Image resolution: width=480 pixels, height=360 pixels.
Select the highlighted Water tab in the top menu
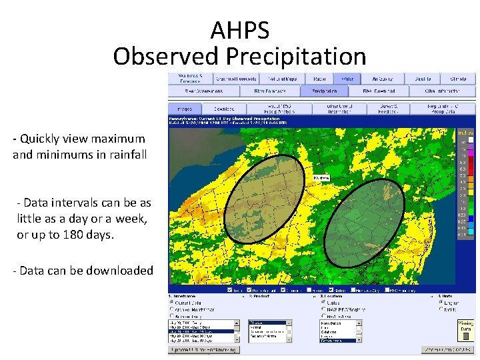347,79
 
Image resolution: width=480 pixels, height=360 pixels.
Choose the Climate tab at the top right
457,79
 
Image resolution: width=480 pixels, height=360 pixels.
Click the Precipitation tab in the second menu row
324,91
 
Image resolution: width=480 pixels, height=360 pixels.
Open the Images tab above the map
185,109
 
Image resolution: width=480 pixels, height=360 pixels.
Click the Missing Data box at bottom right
465,325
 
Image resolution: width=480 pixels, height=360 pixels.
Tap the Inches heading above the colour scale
465,131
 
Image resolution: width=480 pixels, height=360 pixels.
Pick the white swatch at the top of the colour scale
470,141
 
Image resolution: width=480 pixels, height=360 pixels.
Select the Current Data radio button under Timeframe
172,302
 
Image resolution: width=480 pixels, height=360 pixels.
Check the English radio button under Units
441,302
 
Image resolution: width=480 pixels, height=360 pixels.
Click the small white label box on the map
321,178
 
